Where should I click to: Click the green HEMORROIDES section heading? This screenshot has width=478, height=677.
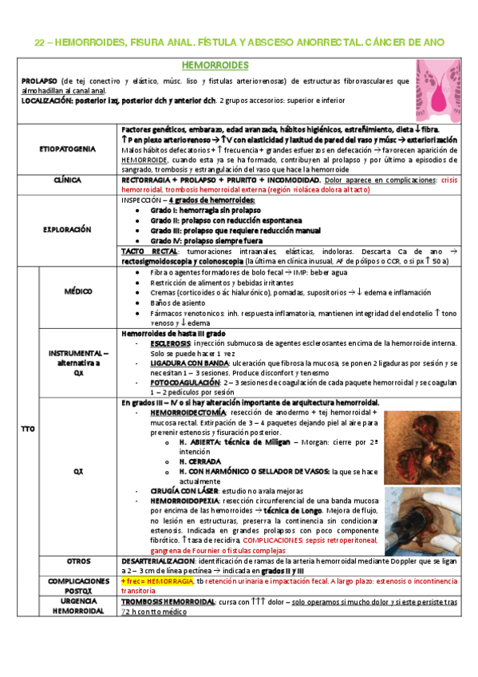[215, 65]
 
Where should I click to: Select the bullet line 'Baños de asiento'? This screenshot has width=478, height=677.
[172, 304]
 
